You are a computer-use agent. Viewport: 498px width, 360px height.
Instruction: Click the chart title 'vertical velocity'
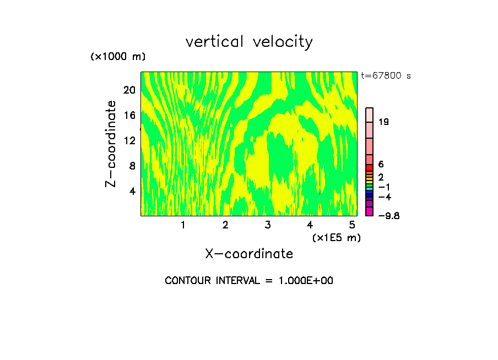coord(249,42)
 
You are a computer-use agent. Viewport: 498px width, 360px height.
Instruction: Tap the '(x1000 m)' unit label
coord(117,57)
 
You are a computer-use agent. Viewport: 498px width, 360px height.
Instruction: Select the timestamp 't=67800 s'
coord(386,76)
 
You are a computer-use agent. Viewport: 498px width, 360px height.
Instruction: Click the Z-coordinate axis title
coord(111,144)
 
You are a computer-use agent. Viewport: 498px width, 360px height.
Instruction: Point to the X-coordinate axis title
coord(249,254)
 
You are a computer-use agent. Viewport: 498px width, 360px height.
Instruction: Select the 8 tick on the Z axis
coord(132,166)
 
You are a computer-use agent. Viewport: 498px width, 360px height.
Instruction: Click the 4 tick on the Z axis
coord(132,191)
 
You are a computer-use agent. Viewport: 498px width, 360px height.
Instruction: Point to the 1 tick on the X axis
coord(183,225)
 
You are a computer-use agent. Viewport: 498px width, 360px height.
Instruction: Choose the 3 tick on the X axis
coord(268,225)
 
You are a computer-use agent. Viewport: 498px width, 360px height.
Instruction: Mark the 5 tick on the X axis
coord(352,225)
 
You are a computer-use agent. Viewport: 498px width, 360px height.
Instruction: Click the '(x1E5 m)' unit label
coord(336,238)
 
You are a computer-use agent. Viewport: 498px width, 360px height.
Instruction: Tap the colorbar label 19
coord(384,122)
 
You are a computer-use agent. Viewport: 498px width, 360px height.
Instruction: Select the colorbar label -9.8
coord(389,216)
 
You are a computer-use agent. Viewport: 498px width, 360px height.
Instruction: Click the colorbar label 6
coord(381,165)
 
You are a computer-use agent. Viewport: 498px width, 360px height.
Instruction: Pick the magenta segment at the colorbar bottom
coord(370,211)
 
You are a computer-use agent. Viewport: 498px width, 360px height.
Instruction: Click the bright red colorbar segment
coord(370,167)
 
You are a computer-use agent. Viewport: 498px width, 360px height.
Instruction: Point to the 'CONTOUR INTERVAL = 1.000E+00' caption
coord(249,281)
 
